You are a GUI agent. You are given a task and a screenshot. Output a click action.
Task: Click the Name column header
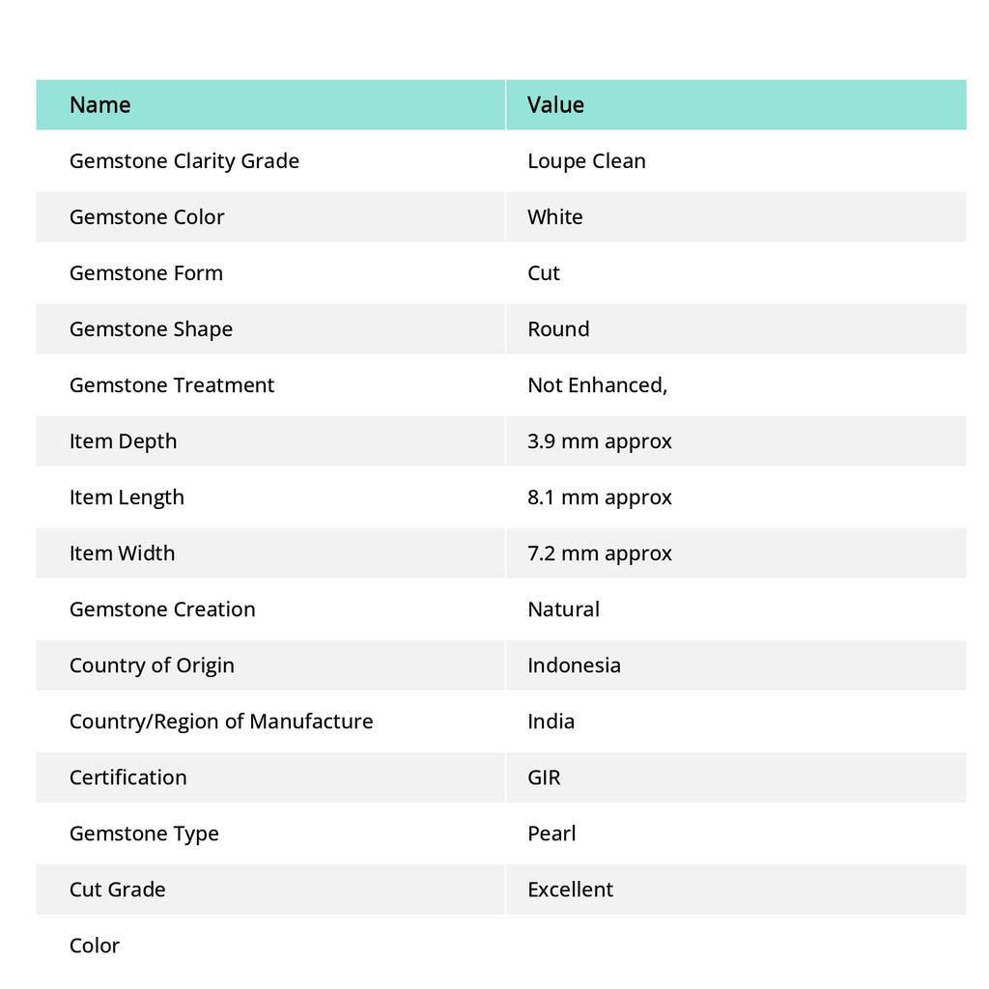[99, 104]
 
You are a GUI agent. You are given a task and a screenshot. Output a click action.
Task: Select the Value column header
[555, 104]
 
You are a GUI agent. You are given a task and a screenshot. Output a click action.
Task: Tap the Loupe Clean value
[586, 160]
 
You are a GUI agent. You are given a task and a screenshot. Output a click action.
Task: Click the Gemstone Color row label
[147, 216]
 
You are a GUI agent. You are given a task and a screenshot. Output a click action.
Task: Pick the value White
[555, 216]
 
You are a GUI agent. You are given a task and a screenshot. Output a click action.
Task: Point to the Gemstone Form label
[146, 272]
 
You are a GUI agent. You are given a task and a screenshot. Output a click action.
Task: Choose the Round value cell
[558, 328]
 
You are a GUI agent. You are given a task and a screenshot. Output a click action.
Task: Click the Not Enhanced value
[597, 384]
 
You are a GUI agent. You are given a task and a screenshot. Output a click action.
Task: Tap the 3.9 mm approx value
[599, 440]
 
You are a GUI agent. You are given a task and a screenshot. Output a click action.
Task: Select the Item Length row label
[127, 496]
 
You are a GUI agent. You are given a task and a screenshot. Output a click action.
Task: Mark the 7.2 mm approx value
[599, 552]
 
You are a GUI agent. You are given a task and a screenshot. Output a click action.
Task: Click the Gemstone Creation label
[162, 608]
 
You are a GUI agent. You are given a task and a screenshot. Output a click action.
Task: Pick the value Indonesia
[574, 664]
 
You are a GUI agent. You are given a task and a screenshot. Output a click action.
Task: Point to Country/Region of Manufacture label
[221, 721]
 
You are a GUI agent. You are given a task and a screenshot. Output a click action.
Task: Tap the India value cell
[551, 721]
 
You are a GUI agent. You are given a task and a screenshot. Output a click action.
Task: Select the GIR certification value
[544, 777]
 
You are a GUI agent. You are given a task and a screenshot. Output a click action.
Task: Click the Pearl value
[551, 833]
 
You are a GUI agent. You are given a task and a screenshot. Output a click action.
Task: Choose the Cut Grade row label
[117, 889]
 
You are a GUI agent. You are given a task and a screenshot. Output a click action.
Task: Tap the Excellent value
[570, 889]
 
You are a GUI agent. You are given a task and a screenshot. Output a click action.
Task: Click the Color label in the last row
[95, 945]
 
